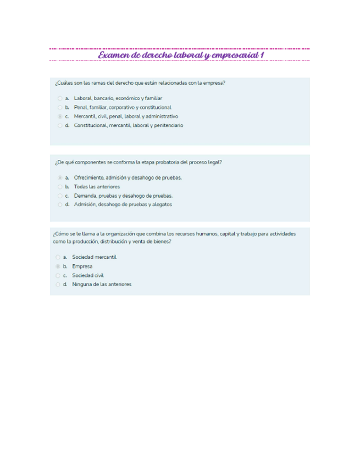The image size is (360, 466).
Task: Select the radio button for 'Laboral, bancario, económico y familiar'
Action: [x=59, y=98]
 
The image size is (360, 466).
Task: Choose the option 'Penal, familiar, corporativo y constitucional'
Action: [x=59, y=107]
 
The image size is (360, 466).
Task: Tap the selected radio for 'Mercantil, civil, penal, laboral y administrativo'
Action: [x=59, y=116]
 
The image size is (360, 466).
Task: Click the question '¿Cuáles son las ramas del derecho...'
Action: [x=140, y=83]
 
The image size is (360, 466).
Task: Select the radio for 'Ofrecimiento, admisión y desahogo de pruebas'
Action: [x=59, y=177]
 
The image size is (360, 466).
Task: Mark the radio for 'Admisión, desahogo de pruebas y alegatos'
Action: [x=59, y=204]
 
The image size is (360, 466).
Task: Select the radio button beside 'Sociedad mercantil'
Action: [x=58, y=257]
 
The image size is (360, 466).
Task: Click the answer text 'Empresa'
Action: [x=82, y=266]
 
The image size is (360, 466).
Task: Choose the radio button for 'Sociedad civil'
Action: [x=58, y=275]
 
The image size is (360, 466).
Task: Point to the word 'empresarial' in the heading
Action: [x=230, y=55]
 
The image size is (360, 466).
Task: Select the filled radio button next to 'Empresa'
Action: [x=58, y=266]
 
